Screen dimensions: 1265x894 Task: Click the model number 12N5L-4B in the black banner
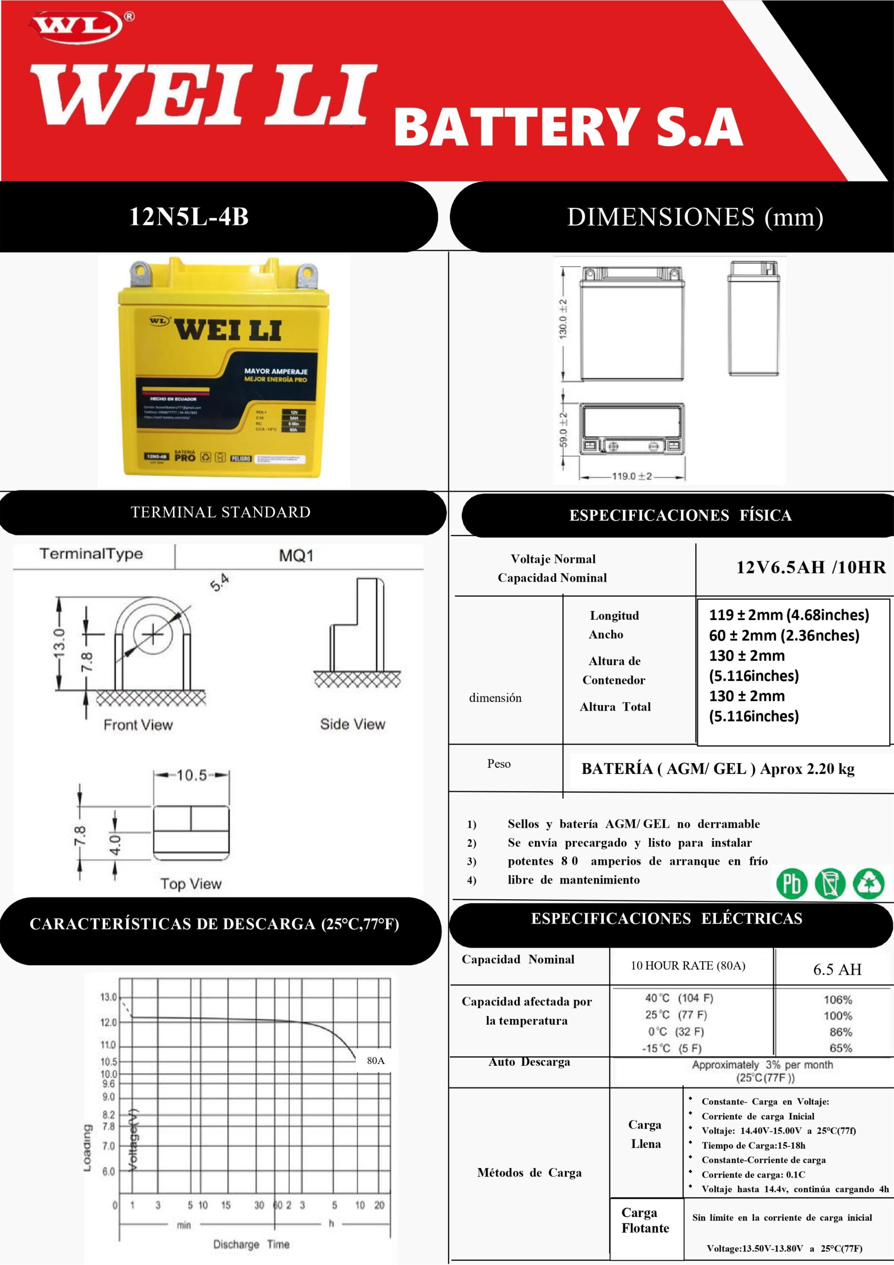188,216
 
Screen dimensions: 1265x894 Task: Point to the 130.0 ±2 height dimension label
563,319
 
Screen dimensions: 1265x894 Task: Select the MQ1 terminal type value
296,555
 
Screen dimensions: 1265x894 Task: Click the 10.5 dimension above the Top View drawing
191,775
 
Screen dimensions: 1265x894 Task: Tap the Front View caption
138,725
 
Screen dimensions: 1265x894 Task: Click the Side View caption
352,724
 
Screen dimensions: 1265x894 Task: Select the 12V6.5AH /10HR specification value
810,567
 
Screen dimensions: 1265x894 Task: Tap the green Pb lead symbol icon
792,883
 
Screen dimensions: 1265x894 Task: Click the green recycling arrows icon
868,883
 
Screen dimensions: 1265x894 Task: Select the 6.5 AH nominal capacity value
837,969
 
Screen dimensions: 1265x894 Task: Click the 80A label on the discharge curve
375,1060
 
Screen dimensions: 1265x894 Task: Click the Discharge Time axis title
251,1244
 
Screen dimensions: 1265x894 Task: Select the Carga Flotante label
645,1221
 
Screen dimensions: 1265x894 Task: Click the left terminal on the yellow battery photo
140,272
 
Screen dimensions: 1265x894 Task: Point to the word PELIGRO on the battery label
240,459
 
